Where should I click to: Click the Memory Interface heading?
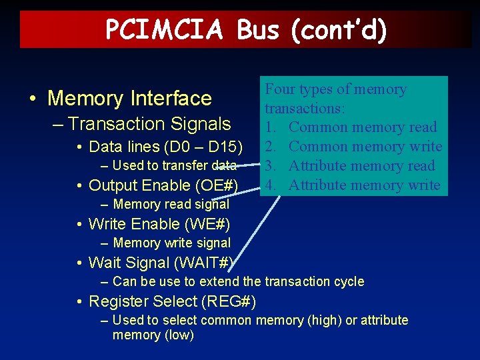[129, 99]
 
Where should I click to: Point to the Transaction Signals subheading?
[149, 124]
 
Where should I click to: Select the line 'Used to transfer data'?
[175, 165]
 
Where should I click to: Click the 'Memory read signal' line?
[171, 204]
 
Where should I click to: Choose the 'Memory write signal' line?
[171, 243]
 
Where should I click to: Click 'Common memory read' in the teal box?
[363, 127]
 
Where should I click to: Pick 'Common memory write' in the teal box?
[365, 147]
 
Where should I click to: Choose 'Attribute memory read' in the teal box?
[362, 166]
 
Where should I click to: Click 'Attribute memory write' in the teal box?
[365, 185]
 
